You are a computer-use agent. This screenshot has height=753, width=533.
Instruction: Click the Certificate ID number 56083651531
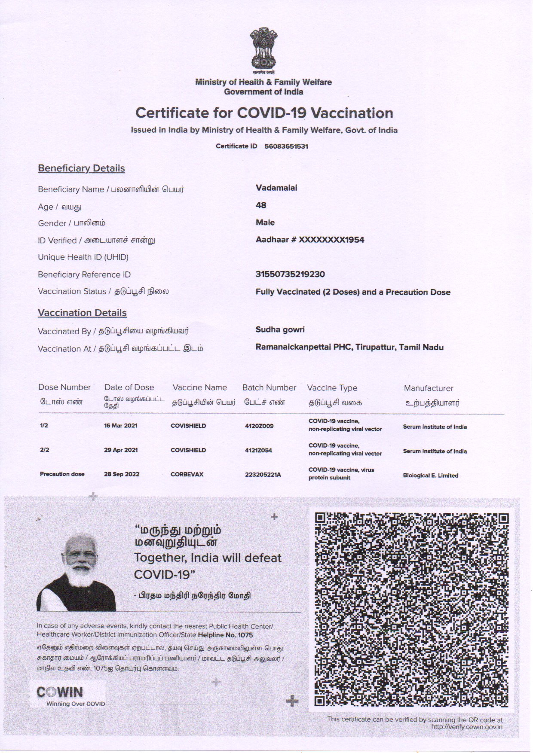286,146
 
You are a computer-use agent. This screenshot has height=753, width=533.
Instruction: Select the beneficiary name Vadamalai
276,188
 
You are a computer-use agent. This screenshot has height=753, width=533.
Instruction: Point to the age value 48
261,205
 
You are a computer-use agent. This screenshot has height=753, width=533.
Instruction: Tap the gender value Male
265,223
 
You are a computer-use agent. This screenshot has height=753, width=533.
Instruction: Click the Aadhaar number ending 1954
310,240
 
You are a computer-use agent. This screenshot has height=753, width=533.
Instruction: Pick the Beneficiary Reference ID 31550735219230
290,274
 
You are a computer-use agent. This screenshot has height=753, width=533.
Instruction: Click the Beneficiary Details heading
81,168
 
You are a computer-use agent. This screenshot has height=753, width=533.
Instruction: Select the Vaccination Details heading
82,313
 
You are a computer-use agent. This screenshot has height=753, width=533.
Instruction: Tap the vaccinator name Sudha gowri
280,329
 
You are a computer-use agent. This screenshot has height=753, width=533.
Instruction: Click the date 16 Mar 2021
121,426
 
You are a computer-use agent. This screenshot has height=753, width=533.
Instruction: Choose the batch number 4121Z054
258,450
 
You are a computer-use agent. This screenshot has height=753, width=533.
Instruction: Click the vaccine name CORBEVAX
187,474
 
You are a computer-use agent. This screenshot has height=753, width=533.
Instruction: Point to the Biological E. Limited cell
430,476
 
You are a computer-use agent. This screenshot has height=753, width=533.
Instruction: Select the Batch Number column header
269,387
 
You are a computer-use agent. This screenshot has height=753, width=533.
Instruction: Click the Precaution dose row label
62,474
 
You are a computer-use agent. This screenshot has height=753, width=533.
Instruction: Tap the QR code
411,610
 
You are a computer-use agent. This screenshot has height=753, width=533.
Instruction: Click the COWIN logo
60,692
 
